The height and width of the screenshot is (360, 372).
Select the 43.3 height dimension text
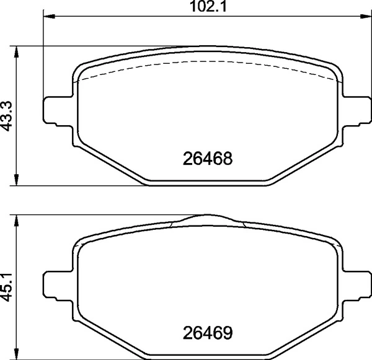pos(8,115)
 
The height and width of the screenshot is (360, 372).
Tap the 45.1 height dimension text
pos(8,286)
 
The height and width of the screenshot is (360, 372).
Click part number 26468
pos(208,159)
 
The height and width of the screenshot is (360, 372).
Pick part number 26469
pos(208,333)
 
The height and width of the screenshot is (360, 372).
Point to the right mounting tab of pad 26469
pos(356,286)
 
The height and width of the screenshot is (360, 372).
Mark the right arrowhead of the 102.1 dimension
pos(366,17)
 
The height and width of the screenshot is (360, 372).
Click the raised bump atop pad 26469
pos(208,217)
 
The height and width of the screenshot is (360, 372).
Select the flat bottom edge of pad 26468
pos(208,183)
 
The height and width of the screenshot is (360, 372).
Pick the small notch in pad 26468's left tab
pos(49,112)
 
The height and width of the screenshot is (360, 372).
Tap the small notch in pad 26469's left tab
pos(49,286)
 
